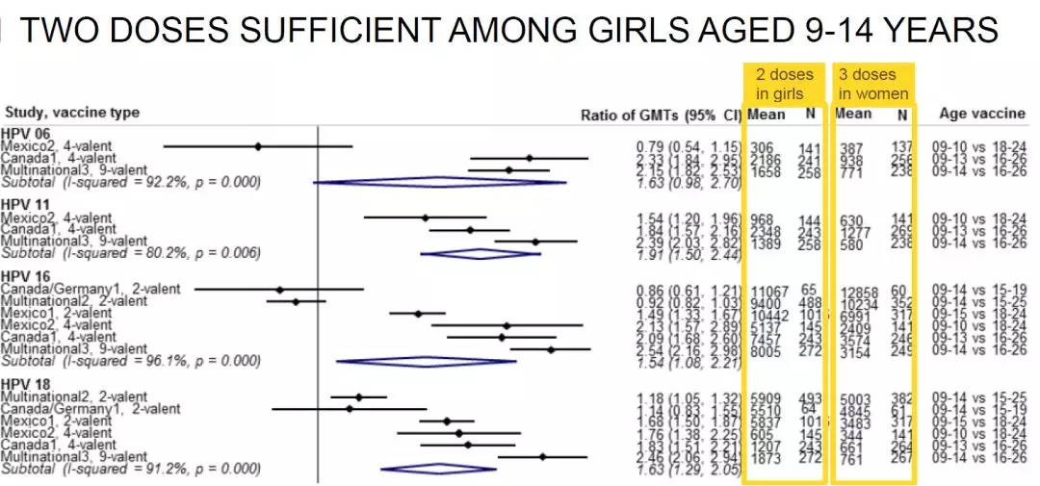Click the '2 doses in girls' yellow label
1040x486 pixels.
pos(784,84)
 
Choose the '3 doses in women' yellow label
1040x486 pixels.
pos(872,84)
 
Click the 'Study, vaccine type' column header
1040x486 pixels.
pos(72,113)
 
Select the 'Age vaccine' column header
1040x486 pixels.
pos(982,113)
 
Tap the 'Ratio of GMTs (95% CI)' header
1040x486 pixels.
pos(661,115)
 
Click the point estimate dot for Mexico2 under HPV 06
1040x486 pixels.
pos(258,146)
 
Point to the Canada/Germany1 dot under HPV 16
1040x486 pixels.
pos(279,289)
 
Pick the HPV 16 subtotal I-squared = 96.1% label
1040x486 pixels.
pos(130,361)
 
